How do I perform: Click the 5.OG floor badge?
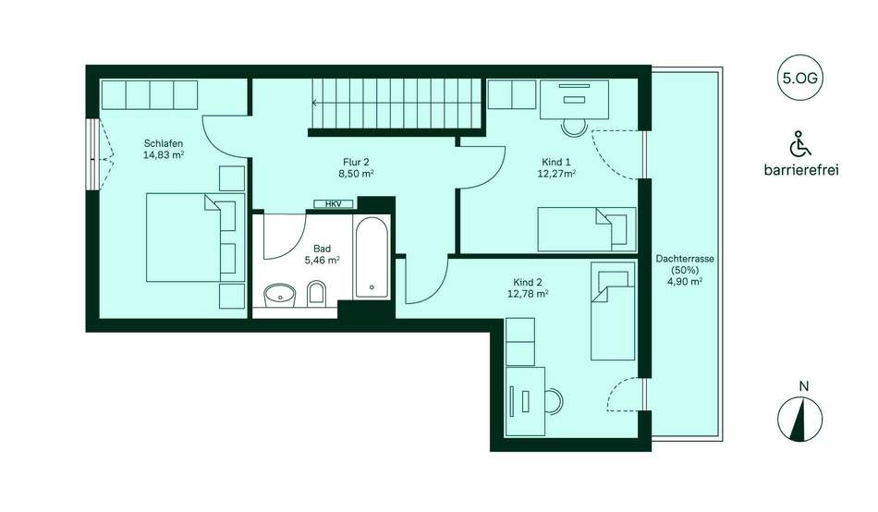coord(800,78)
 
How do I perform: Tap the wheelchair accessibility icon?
coord(800,143)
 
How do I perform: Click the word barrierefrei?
coord(801,170)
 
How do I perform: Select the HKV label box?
coord(333,204)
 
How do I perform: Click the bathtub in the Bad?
coord(372,257)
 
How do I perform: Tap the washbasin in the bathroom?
coord(279,295)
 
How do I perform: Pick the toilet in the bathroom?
coord(316,294)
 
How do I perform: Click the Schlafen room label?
coord(164,143)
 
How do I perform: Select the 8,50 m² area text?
coord(356,174)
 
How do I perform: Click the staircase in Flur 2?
coord(396,104)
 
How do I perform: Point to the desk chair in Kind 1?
coord(574,128)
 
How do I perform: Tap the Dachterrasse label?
coord(685,259)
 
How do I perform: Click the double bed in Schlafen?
coord(195,237)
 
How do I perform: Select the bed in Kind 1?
coord(587,229)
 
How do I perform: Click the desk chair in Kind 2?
coord(554,402)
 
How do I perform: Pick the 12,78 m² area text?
coord(528,294)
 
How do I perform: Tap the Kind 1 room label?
coord(556,163)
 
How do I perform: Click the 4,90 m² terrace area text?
coord(685,282)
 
